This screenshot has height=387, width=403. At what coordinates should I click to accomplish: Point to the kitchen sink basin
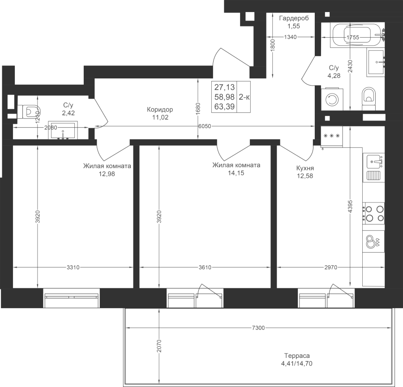(374, 161)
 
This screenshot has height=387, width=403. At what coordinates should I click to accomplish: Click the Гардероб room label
(294, 18)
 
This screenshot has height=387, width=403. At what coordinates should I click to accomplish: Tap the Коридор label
(160, 110)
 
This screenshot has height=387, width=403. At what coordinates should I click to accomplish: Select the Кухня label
(305, 168)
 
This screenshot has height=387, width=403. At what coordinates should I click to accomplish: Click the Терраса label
(297, 356)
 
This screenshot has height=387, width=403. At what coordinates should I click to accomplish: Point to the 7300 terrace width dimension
(258, 327)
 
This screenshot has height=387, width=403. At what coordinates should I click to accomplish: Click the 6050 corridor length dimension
(205, 126)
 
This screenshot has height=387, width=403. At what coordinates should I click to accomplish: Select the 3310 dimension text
(73, 267)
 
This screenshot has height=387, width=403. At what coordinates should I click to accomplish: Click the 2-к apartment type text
(244, 97)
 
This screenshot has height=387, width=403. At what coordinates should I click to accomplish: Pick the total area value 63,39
(224, 107)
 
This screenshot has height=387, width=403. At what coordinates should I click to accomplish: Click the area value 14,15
(236, 173)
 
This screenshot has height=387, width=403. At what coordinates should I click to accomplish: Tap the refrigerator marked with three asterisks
(332, 136)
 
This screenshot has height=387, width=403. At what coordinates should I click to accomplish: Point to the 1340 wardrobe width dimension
(291, 37)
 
